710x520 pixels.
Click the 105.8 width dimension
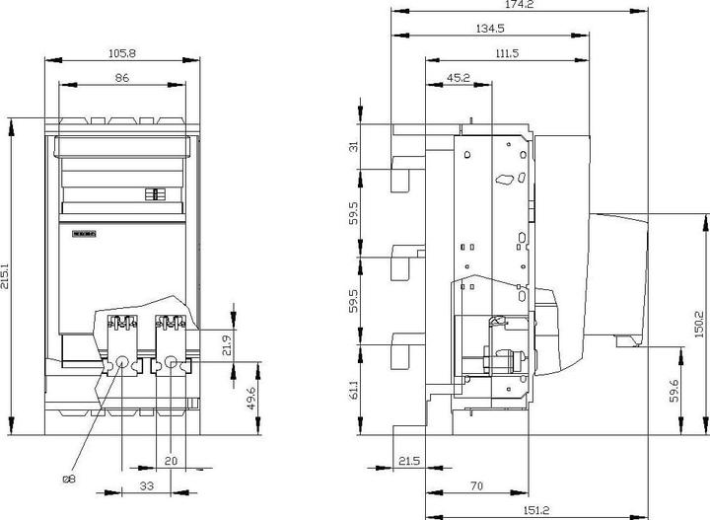(123, 53)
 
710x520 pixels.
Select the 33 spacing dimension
(146, 485)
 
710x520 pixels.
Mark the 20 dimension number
(172, 461)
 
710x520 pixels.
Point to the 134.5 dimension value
(489, 29)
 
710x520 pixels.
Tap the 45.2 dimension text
(458, 77)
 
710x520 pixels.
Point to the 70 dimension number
(475, 485)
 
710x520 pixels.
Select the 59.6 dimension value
(674, 389)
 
